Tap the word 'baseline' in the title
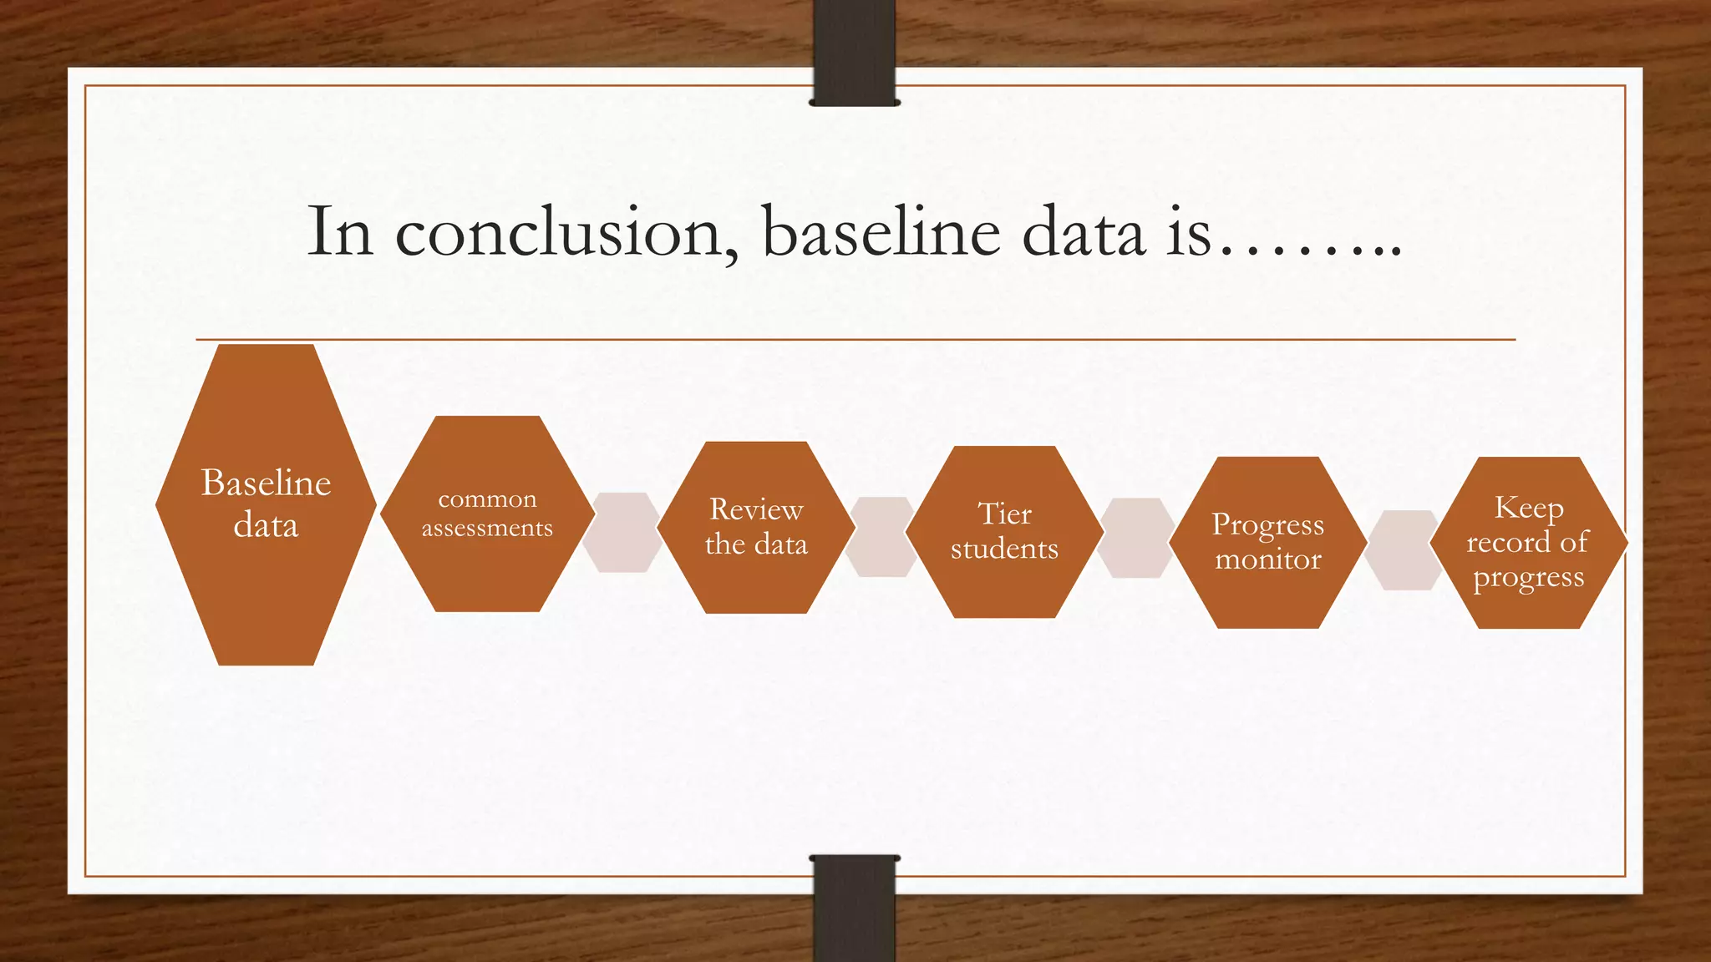881,231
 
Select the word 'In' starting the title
339,231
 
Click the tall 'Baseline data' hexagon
266,504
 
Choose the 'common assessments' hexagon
487,514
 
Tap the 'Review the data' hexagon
756,527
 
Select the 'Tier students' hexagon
1004,531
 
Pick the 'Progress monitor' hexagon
1268,542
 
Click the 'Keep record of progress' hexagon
1528,542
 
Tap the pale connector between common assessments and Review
622,532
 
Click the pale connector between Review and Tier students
881,536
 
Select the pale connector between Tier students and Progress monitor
1135,538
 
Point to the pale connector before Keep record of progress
1404,549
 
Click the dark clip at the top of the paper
854,52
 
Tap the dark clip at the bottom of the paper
854,908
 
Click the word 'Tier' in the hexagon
1004,514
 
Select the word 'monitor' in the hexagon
1268,559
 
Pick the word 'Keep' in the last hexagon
1528,508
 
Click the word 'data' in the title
1083,233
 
